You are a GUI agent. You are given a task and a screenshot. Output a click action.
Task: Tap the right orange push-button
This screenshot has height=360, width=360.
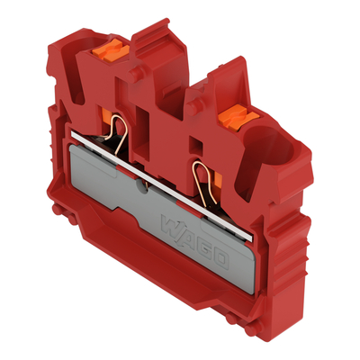[x=235, y=113]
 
